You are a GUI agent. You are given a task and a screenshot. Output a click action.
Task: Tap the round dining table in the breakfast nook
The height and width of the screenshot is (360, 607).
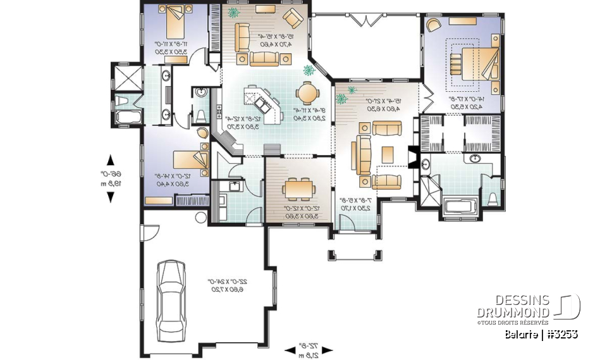coord(309,93)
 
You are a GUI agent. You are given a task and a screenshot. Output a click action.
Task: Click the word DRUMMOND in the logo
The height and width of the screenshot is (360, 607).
coord(513,313)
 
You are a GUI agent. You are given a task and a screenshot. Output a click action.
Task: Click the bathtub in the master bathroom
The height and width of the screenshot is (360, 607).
coord(458,206)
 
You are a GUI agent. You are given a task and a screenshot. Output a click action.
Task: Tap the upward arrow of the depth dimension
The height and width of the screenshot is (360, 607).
coord(111,159)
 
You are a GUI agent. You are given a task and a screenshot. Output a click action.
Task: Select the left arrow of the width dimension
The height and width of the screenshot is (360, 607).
coord(289,349)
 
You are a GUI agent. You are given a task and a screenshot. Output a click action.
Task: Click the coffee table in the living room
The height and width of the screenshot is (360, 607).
coord(386,154)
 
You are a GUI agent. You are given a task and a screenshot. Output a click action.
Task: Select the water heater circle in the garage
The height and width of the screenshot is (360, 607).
coord(201,218)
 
